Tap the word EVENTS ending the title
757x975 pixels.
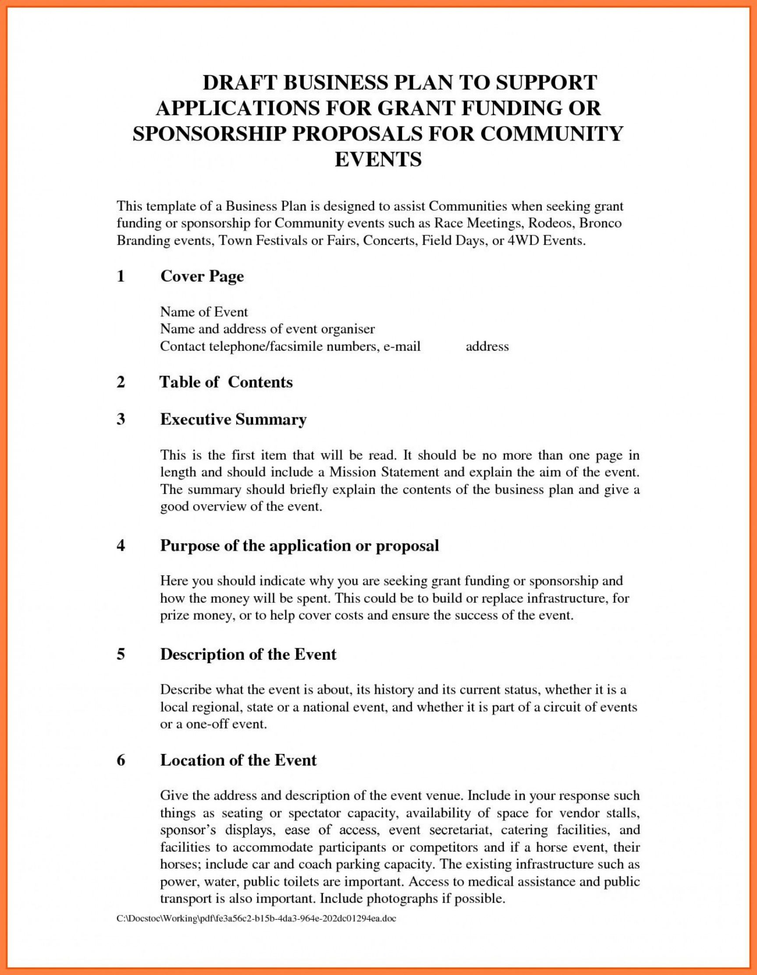(x=378, y=159)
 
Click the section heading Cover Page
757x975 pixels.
(x=202, y=276)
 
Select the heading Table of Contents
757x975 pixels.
(x=226, y=382)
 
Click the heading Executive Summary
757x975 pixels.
(x=233, y=419)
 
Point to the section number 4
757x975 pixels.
(x=120, y=546)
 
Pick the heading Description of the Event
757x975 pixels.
(x=248, y=654)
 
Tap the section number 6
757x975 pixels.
(x=120, y=760)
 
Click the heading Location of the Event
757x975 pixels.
(x=238, y=760)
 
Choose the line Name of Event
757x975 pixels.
(x=204, y=311)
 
